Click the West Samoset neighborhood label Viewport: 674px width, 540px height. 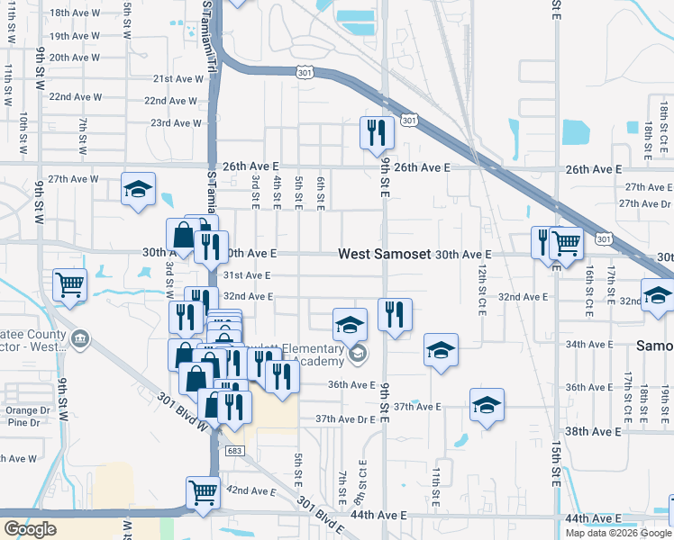(x=385, y=255)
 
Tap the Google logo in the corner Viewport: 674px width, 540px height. (x=30, y=529)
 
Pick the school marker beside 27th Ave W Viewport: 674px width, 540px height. (x=138, y=190)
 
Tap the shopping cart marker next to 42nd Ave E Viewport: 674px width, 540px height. (x=204, y=493)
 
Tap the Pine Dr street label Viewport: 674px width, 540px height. (x=23, y=422)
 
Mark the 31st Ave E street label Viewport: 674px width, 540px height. (x=247, y=275)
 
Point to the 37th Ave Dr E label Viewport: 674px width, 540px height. (x=345, y=419)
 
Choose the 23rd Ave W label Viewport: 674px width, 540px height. (x=175, y=122)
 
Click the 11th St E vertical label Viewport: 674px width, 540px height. (x=435, y=483)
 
